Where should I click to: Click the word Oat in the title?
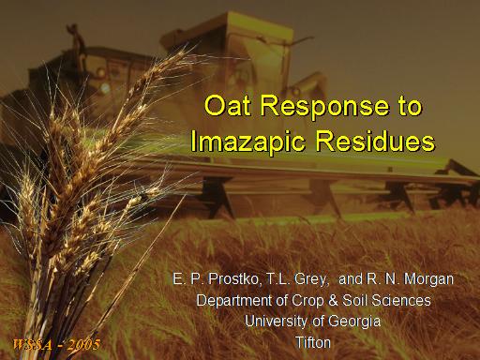(227, 105)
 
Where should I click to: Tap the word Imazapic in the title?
(247, 142)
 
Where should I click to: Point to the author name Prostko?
(233, 279)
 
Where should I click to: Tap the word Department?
(234, 301)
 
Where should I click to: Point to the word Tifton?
(313, 343)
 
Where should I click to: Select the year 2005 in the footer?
(83, 345)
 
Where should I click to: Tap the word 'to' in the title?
(410, 106)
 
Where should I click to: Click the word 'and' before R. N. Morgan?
(351, 279)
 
